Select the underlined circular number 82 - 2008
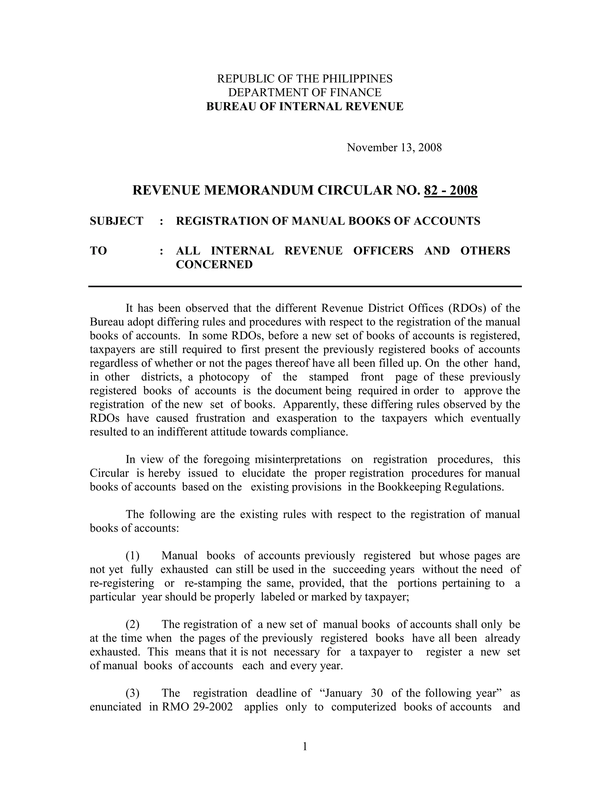pos(450,190)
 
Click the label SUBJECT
pos(116,221)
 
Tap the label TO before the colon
pos(98,251)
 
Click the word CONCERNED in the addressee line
pos(214,265)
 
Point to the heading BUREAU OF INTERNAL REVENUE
pos(305,107)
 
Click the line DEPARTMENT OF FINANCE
pos(305,93)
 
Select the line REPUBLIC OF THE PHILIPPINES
pos(305,79)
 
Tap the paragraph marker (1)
pos(132,555)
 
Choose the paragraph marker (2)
pos(132,624)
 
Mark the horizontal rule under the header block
pos(305,286)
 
